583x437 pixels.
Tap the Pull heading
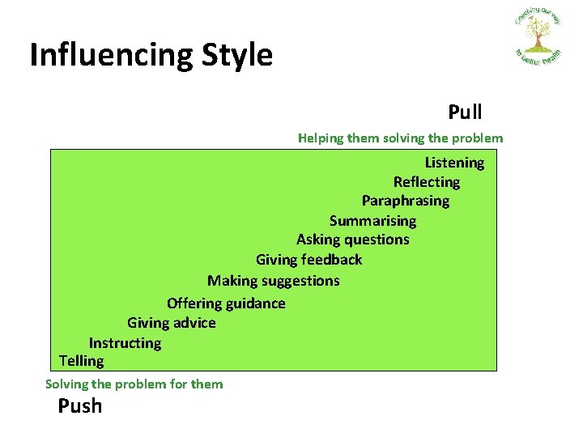pos(465,112)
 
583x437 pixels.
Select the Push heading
pos(80,405)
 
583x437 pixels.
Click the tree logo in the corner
pos(537,36)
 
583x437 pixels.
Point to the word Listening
pos(454,163)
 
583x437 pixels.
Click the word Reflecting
pos(426,182)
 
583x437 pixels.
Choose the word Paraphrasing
pos(405,201)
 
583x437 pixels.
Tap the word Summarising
pos(372,220)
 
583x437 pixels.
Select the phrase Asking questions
pos(352,240)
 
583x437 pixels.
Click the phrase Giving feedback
pos(309,260)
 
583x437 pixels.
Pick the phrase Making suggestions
pos(273,281)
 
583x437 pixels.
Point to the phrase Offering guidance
pos(226,303)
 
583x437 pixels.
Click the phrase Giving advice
pos(171,323)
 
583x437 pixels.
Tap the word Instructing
pos(125,343)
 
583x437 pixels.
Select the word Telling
pos(81,361)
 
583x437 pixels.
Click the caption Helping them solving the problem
pos(400,138)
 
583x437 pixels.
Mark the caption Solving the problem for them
pos(134,384)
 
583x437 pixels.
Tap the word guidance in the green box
pos(255,303)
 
